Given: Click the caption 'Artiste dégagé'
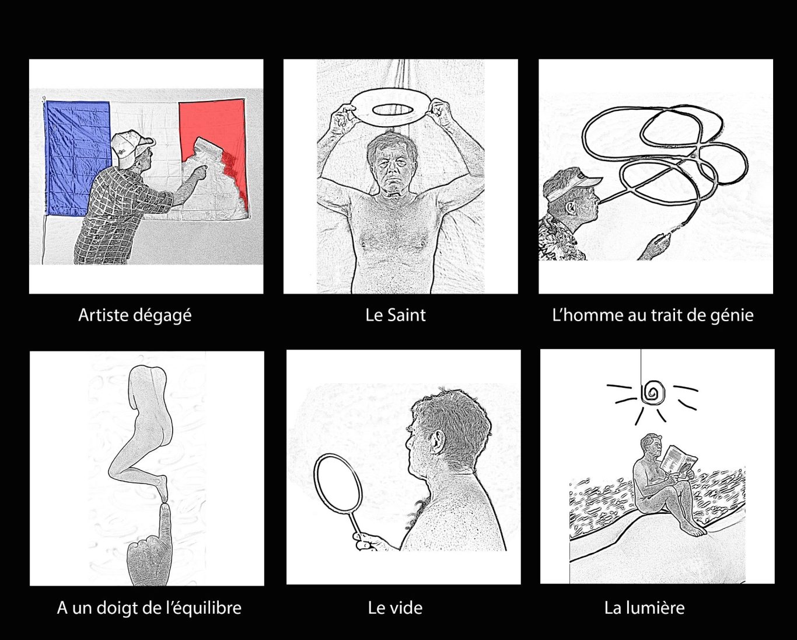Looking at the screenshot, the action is coord(135,315).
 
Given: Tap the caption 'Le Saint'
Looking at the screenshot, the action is coord(396,315).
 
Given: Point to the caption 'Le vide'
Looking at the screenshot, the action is coord(395,608).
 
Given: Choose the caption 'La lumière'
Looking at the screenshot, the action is coord(644,608).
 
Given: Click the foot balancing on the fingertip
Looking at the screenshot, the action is coord(161,486).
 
